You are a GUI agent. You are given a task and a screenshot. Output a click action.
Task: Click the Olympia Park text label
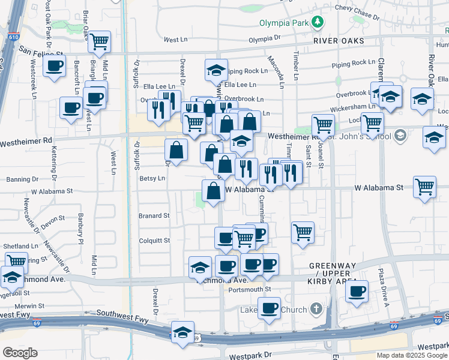tap(283, 23)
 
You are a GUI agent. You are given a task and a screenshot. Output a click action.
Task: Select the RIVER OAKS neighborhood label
tap(339, 41)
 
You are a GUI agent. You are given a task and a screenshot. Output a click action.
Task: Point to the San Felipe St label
tap(40, 51)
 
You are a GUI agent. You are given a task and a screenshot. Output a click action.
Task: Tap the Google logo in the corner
tap(20, 353)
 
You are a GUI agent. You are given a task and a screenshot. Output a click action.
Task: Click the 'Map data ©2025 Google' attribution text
tap(412, 355)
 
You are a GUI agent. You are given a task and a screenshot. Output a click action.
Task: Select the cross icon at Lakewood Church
tap(317, 310)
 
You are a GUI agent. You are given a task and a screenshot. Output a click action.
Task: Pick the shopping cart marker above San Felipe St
tap(100, 42)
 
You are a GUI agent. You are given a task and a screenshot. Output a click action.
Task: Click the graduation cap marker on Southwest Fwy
tap(182, 333)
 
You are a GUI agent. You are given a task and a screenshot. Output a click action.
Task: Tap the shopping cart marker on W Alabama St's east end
tap(424, 187)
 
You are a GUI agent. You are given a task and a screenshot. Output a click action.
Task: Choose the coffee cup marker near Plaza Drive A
tap(357, 292)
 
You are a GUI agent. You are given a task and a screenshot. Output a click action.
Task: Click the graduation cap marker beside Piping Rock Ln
tap(216, 70)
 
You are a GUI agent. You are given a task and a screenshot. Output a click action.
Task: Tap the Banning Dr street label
tap(22, 179)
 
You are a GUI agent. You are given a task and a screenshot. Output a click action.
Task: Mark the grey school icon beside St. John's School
tap(401, 136)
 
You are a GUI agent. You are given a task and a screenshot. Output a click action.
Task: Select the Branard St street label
tap(154, 215)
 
